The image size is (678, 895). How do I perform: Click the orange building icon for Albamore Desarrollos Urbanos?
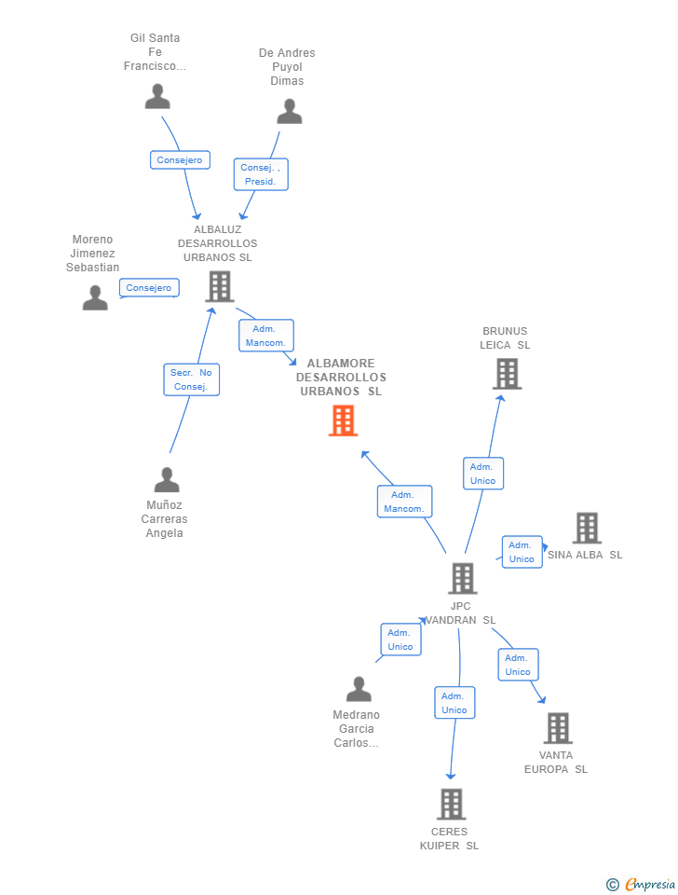[343, 420]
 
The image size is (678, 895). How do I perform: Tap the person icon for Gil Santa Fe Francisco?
[157, 97]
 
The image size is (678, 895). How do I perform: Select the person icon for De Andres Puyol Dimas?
[289, 112]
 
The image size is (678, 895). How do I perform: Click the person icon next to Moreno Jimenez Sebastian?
[95, 298]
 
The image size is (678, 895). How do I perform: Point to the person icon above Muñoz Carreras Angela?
[166, 480]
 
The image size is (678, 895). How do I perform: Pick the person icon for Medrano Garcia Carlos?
[359, 690]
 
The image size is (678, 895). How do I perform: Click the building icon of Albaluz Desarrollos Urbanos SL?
[220, 286]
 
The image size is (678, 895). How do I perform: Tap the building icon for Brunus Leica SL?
[506, 374]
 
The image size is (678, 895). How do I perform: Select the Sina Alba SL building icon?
[586, 528]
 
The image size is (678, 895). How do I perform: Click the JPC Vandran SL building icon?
[462, 578]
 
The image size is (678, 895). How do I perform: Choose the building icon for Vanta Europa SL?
[557, 728]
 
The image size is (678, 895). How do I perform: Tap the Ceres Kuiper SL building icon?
[451, 804]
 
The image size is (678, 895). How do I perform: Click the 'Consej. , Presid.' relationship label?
[261, 174]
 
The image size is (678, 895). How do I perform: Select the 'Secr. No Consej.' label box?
[192, 379]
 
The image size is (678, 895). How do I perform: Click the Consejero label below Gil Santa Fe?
[180, 160]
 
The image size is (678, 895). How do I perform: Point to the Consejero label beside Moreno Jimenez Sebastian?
[149, 288]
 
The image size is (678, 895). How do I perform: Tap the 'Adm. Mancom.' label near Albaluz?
[266, 336]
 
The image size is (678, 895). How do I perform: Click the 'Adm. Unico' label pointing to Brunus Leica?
[483, 474]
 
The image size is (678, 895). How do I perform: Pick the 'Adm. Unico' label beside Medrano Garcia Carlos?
[400, 640]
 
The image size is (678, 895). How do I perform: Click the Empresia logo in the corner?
[640, 884]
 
